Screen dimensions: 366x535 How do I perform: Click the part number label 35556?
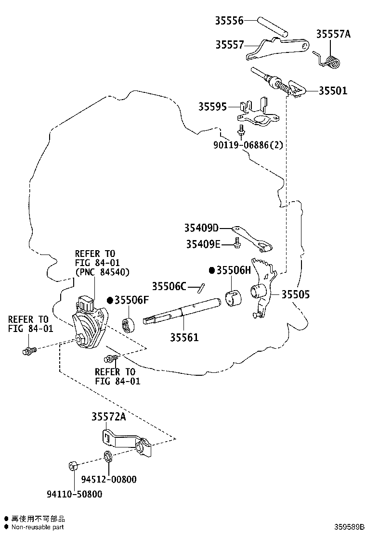point(229,21)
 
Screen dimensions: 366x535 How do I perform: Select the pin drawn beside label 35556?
point(272,26)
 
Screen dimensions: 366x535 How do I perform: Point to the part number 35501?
point(333,91)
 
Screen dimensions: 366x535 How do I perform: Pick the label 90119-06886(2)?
point(248,145)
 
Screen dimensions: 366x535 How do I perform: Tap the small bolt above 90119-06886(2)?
point(242,129)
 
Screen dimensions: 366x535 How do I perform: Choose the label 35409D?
point(201,228)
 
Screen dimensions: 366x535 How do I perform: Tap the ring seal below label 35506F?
point(129,325)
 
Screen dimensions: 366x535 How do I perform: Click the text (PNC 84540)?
point(102,272)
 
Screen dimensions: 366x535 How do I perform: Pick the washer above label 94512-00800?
point(108,456)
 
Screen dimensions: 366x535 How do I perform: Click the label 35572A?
point(108,417)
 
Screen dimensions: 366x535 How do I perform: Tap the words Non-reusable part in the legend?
point(38,527)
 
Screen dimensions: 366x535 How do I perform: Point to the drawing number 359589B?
point(349,527)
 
